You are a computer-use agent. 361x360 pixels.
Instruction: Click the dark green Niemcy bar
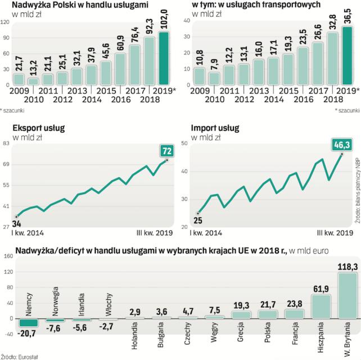point(30,323)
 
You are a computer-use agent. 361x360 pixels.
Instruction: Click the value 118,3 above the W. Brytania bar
point(348,267)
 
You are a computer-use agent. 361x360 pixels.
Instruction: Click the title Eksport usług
point(39,128)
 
